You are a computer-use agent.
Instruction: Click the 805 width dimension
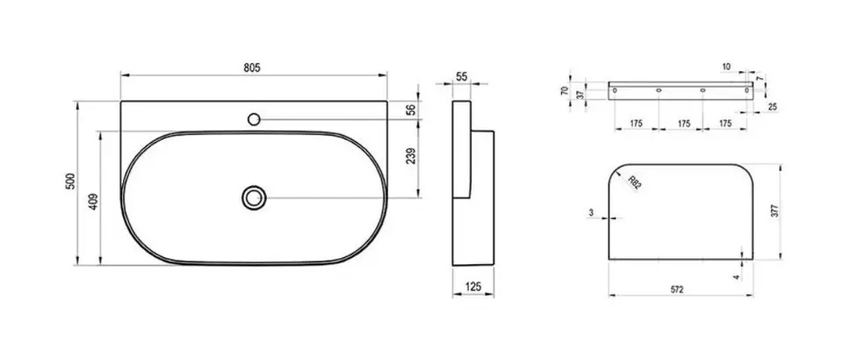coord(252,68)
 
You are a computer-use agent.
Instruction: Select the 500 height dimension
coord(70,181)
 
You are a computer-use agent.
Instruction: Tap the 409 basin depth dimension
coord(93,201)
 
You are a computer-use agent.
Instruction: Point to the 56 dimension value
coord(411,110)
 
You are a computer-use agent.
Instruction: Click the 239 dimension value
coord(411,155)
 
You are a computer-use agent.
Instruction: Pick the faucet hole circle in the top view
coord(254,119)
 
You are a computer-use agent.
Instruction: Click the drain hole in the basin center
coord(254,198)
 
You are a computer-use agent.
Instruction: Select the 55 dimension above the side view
coord(461,77)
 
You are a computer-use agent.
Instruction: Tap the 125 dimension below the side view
coord(472,286)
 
